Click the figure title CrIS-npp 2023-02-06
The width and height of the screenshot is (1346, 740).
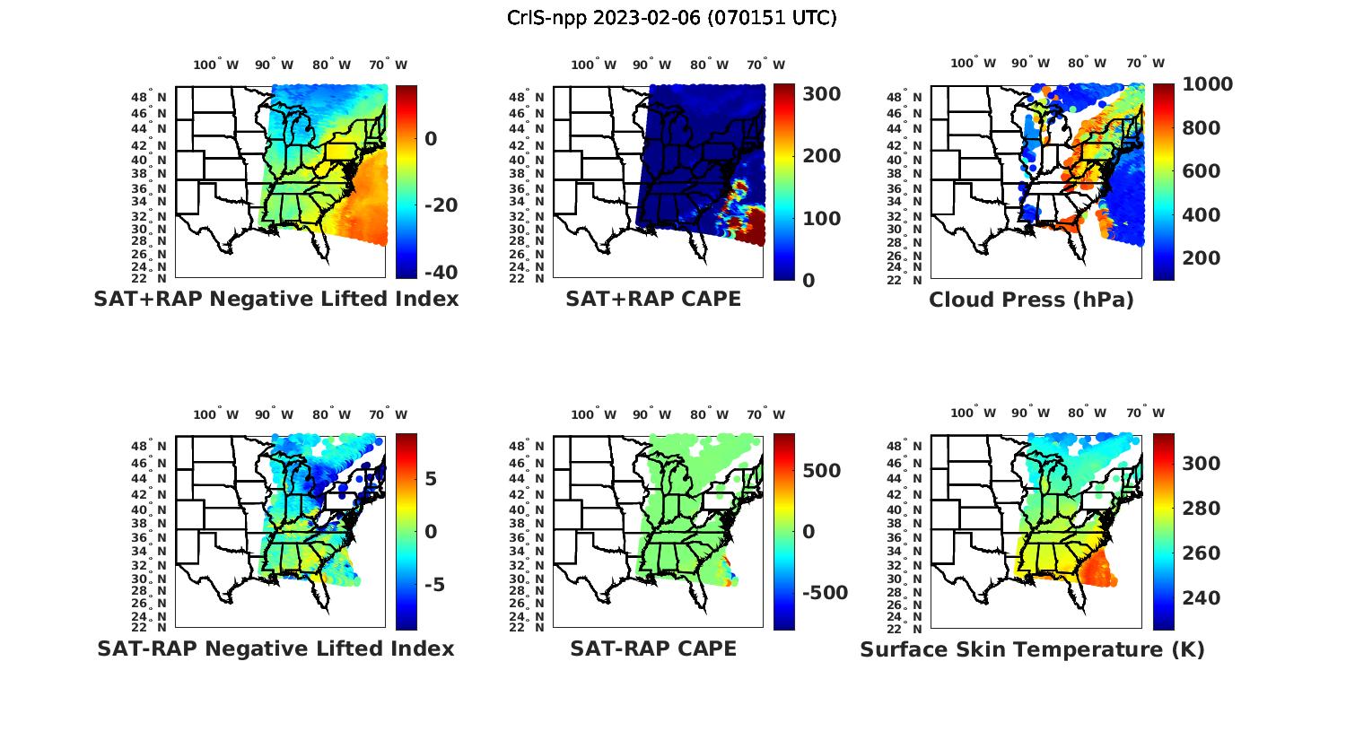tap(672, 17)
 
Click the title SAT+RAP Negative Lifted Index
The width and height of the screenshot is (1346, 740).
tap(275, 299)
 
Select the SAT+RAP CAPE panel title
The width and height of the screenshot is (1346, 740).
tap(653, 299)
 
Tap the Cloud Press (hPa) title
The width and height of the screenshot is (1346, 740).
tap(1031, 300)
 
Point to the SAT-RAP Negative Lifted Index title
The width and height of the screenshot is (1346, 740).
tap(275, 649)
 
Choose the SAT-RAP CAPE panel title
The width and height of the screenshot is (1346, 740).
tap(653, 649)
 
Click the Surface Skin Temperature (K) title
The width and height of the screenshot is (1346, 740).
tap(1032, 649)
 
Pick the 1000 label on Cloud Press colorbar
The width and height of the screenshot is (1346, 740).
tap(1207, 84)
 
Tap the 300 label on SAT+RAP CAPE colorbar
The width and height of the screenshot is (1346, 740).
tap(821, 94)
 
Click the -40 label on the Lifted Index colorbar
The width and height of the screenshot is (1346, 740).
tap(441, 272)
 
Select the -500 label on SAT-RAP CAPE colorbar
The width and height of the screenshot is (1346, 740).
tap(823, 593)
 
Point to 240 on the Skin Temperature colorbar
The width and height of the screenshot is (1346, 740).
tap(1202, 597)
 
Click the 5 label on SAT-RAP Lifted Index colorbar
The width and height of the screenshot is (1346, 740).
tap(431, 478)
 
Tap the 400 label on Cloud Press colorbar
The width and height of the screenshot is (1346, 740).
tap(1202, 214)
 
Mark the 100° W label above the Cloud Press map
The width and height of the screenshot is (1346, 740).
tap(974, 64)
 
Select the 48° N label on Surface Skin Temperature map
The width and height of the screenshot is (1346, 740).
tap(905, 447)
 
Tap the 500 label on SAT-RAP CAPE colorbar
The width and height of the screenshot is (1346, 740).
tap(821, 471)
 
